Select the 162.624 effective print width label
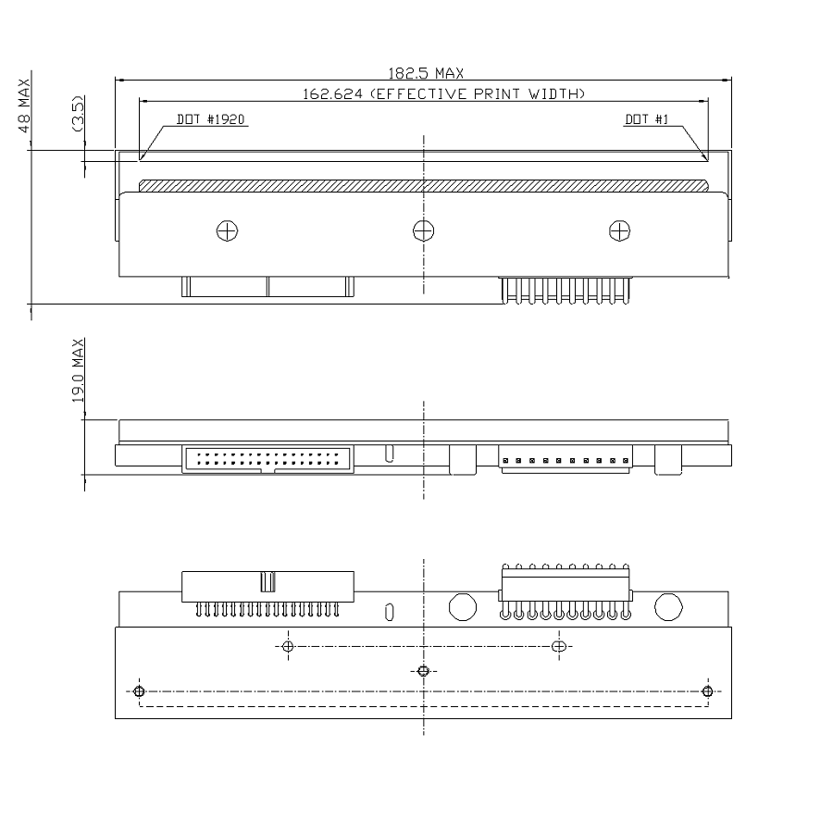[x=444, y=93]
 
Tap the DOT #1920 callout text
[x=211, y=119]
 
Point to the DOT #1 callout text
[x=646, y=119]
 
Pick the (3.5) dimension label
[x=80, y=115]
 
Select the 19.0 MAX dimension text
[x=79, y=369]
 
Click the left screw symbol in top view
[x=227, y=230]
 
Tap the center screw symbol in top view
[x=423, y=230]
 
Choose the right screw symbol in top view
[x=618, y=230]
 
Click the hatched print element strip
[x=424, y=184]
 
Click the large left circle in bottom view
[x=461, y=606]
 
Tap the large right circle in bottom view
[x=668, y=606]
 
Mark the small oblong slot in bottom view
[x=390, y=611]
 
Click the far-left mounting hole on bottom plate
[x=139, y=691]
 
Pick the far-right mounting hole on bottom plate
[x=707, y=691]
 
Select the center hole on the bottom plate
[x=423, y=671]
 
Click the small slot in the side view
[x=390, y=453]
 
